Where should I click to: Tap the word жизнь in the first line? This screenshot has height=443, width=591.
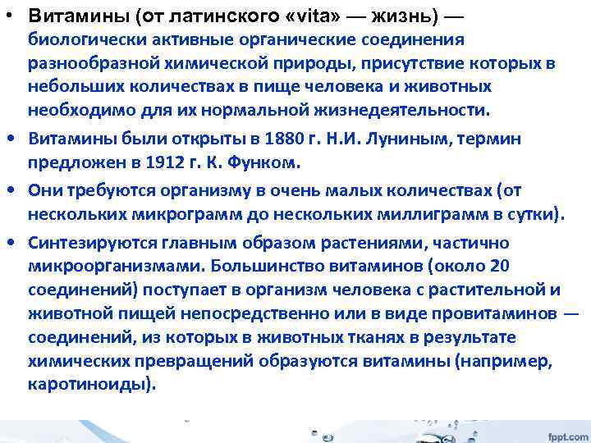coord(400,16)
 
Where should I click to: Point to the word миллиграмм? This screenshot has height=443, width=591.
coord(434,215)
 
